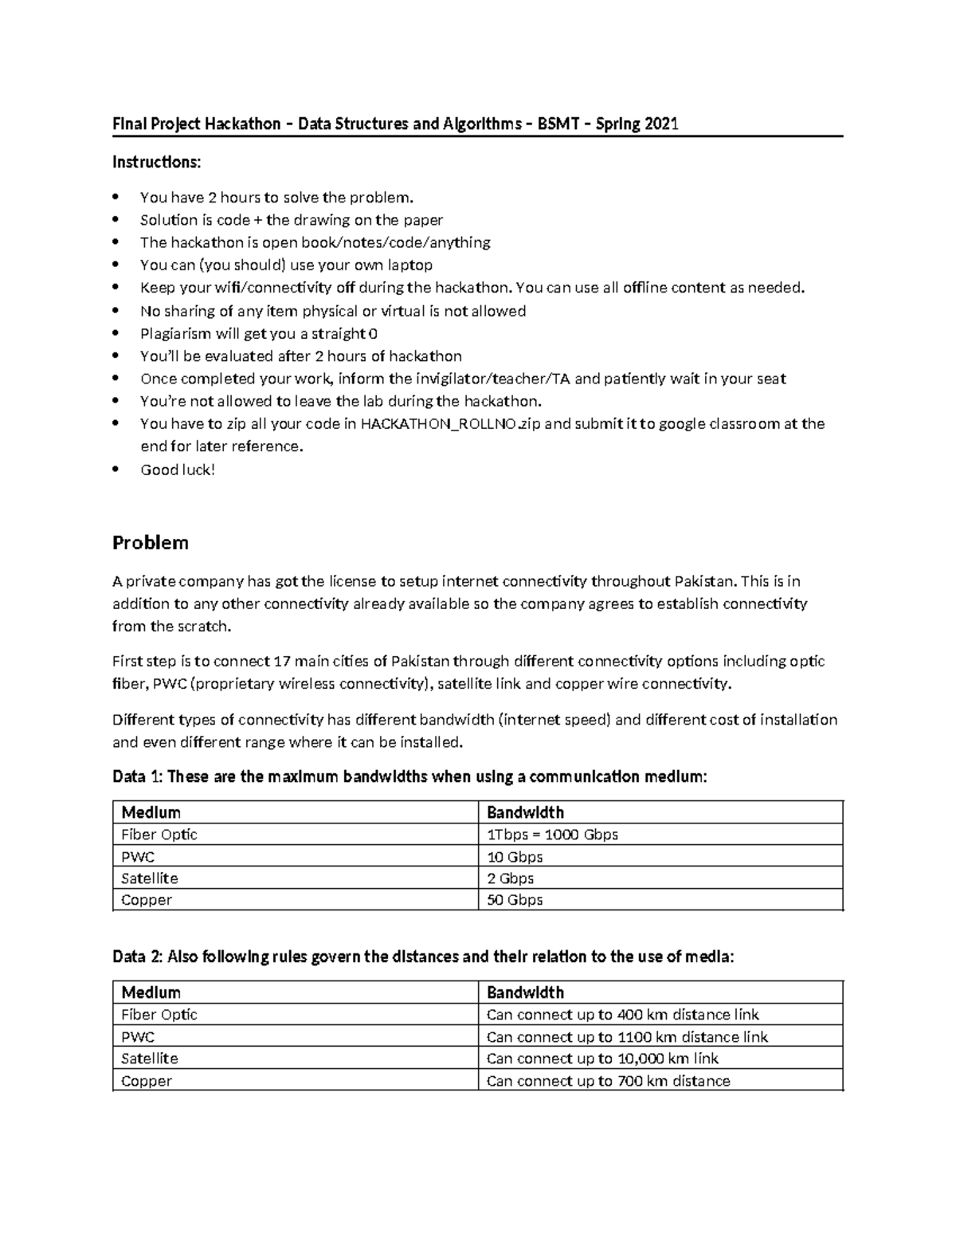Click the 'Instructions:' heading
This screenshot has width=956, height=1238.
point(156,163)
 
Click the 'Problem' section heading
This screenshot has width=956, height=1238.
point(151,543)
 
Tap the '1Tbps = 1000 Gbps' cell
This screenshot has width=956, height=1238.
point(552,835)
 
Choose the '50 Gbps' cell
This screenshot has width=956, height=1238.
point(515,900)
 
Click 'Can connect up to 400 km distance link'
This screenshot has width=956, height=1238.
point(622,1015)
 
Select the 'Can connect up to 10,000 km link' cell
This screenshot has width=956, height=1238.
point(602,1059)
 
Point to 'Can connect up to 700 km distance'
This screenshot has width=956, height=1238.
point(608,1081)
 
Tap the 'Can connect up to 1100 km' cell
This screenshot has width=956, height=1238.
point(627,1037)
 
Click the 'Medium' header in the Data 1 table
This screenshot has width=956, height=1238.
point(151,812)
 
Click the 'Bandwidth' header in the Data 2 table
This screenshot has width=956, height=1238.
point(525,992)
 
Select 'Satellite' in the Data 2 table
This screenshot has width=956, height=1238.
point(150,1059)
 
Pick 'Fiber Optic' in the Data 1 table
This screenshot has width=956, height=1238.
point(159,835)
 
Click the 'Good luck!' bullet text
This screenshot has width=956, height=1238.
point(178,470)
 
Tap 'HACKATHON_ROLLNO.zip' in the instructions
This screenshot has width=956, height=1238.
point(450,424)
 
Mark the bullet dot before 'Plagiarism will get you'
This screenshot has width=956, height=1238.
point(117,333)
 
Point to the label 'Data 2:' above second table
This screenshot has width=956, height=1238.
point(137,957)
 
